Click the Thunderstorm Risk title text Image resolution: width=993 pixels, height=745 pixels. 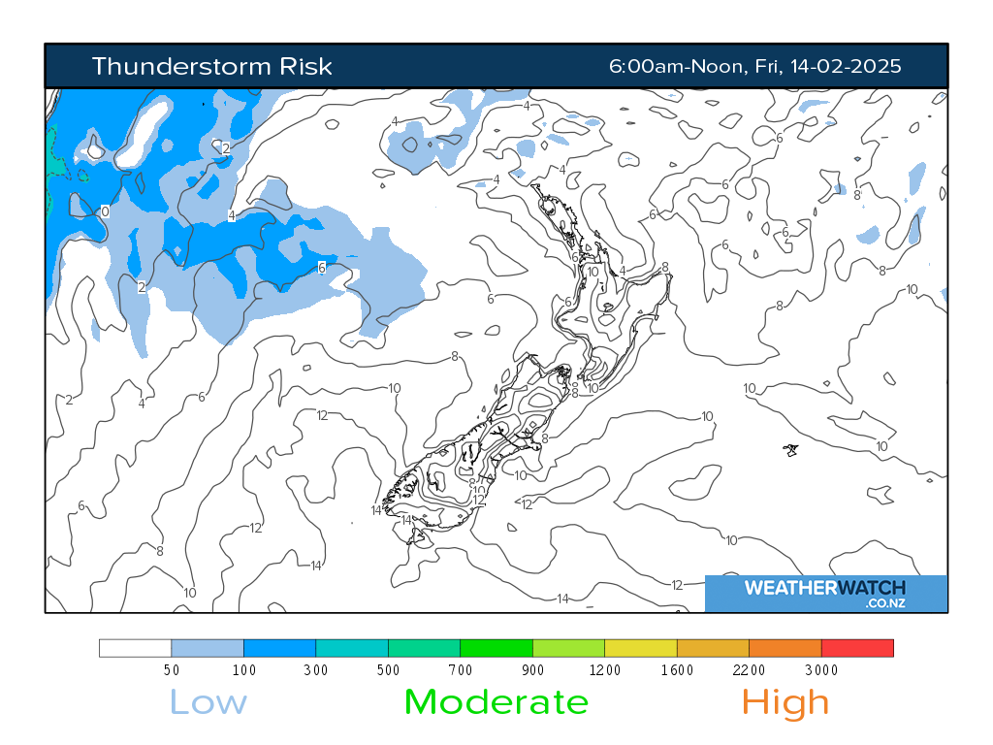211,66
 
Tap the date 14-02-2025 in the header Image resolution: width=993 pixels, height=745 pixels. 847,66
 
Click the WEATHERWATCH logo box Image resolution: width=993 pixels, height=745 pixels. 825,593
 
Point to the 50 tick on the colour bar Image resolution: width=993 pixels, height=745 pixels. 172,669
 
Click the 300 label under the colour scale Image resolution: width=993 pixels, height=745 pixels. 316,669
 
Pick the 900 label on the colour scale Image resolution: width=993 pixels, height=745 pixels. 532,669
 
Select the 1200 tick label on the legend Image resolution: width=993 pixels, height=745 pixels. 605,669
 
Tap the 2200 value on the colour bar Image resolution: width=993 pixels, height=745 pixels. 749,669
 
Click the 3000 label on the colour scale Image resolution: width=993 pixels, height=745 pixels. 821,669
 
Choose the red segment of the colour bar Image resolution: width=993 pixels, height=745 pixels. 857,648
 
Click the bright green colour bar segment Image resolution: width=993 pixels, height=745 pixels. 496,648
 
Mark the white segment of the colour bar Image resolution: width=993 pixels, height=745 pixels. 136,648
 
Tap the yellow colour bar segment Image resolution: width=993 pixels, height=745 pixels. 641,648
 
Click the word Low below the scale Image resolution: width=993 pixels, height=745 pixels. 208,701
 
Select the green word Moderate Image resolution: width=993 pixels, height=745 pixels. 496,701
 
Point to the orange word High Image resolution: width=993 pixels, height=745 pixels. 785,701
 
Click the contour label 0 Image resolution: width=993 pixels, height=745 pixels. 105,211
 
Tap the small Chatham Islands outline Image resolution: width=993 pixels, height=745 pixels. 792,449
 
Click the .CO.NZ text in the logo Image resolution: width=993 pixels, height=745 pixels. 885,603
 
